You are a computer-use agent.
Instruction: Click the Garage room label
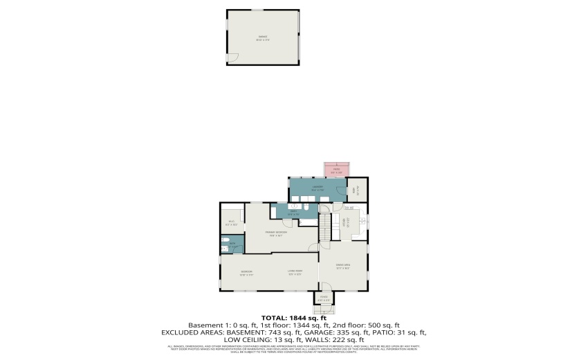tap(263, 37)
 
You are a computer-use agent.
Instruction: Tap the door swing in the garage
tap(233, 58)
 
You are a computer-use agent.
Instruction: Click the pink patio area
tap(337, 170)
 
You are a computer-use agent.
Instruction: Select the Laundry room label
tap(318, 188)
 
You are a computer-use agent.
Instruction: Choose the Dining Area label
tap(342, 265)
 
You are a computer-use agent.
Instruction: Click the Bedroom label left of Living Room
tap(246, 271)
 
